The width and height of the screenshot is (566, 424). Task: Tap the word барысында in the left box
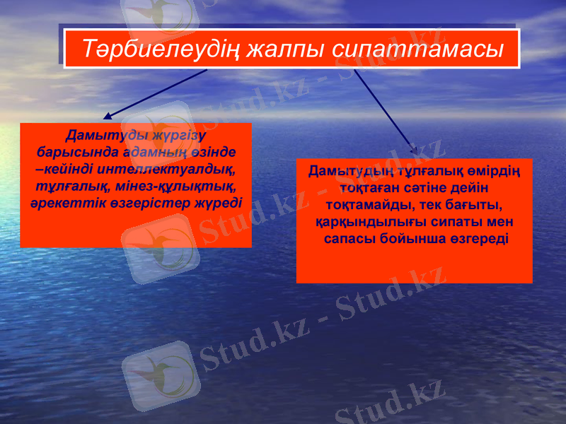point(69,152)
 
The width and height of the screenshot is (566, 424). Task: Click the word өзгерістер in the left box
point(148,202)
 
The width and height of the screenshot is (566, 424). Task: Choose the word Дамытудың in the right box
point(344,172)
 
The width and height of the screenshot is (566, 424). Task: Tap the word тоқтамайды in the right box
point(366,206)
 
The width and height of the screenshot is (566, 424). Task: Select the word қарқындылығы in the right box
point(358,223)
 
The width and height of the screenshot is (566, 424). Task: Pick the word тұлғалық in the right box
point(429,172)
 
